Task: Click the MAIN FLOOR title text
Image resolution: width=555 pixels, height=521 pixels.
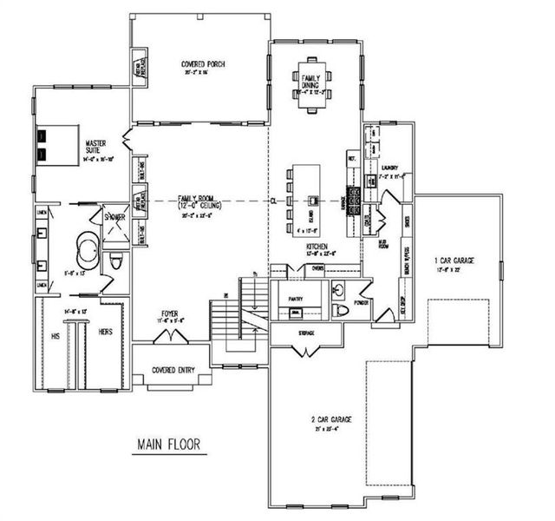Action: click(169, 445)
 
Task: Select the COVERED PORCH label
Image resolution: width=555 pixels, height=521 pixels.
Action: click(199, 64)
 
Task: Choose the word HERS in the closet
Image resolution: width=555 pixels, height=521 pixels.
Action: click(106, 332)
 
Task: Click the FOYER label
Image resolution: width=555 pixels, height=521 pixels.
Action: click(170, 313)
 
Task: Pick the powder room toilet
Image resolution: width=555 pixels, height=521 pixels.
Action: click(341, 309)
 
